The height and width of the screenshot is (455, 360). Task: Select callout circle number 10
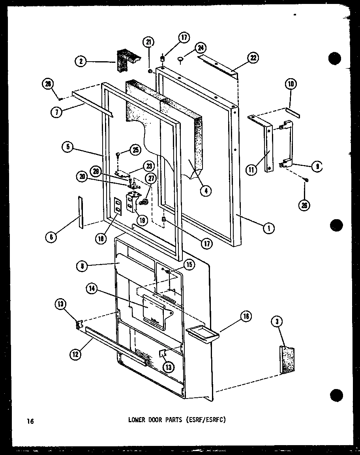(291, 84)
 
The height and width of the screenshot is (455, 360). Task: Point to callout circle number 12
(76, 355)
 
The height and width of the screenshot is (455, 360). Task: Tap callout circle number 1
(269, 227)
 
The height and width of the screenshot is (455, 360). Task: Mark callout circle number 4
(205, 191)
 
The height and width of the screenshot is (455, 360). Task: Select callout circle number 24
(201, 49)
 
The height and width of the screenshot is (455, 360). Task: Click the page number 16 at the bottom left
(30, 421)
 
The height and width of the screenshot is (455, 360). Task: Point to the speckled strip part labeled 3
(287, 359)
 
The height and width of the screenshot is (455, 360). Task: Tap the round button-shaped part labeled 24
(181, 59)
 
